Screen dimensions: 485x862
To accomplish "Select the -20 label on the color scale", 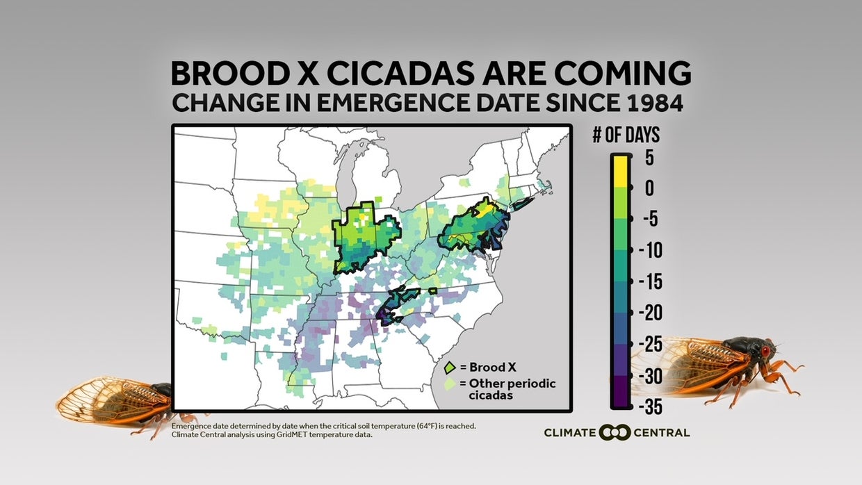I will tap(651, 313).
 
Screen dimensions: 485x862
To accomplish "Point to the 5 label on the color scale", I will tap(649, 158).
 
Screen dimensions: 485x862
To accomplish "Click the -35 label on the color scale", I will tap(651, 406).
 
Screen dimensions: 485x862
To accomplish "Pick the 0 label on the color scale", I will tap(649, 188).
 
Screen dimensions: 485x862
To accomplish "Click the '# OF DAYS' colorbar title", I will tap(626, 135).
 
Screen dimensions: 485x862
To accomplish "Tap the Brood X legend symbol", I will tap(450, 367).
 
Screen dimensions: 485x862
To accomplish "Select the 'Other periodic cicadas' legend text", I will tap(512, 388).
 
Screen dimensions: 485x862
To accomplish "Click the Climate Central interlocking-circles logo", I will tap(615, 432).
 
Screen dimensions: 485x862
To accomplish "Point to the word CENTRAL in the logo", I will tap(662, 432).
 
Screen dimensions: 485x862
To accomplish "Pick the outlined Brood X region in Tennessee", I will tap(396, 302).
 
